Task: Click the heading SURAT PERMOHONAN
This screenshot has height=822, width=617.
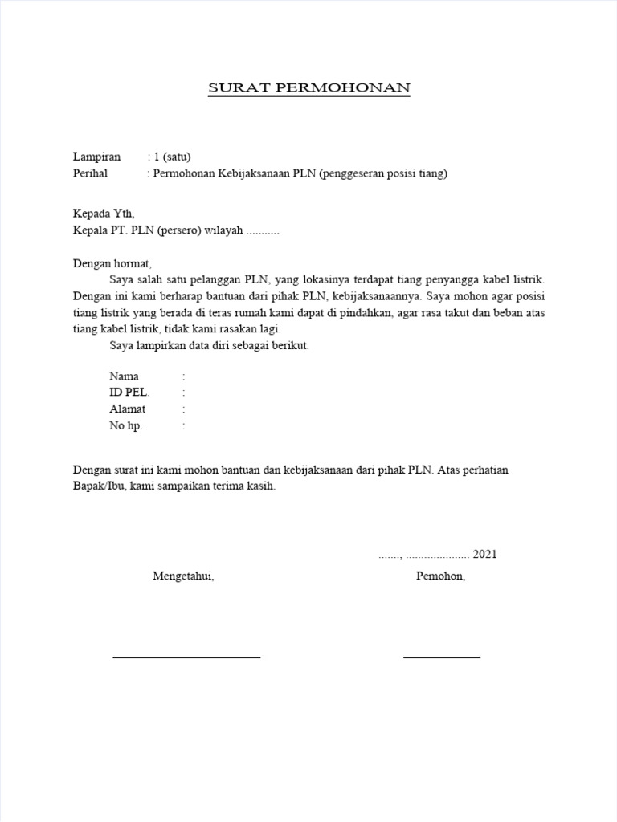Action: pos(309,88)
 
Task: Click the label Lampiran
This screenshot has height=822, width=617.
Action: pos(96,157)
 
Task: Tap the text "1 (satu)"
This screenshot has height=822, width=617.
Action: pos(172,157)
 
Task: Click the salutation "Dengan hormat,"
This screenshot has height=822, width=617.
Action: pos(112,263)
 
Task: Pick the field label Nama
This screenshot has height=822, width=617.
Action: pos(124,376)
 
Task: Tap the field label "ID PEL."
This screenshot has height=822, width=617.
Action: pos(129,393)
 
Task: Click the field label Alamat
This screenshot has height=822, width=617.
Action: pos(127,409)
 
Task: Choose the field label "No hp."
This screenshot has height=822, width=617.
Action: pos(125,426)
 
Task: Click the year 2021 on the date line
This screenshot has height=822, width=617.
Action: pos(484,554)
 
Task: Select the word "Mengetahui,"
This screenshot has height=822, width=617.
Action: pos(183,576)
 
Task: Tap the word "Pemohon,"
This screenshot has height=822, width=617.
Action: pos(440,576)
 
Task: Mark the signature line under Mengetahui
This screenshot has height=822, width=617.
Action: pos(186,657)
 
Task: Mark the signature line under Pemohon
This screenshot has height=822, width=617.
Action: pos(441,657)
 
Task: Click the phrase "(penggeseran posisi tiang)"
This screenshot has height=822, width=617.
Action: pos(383,173)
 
